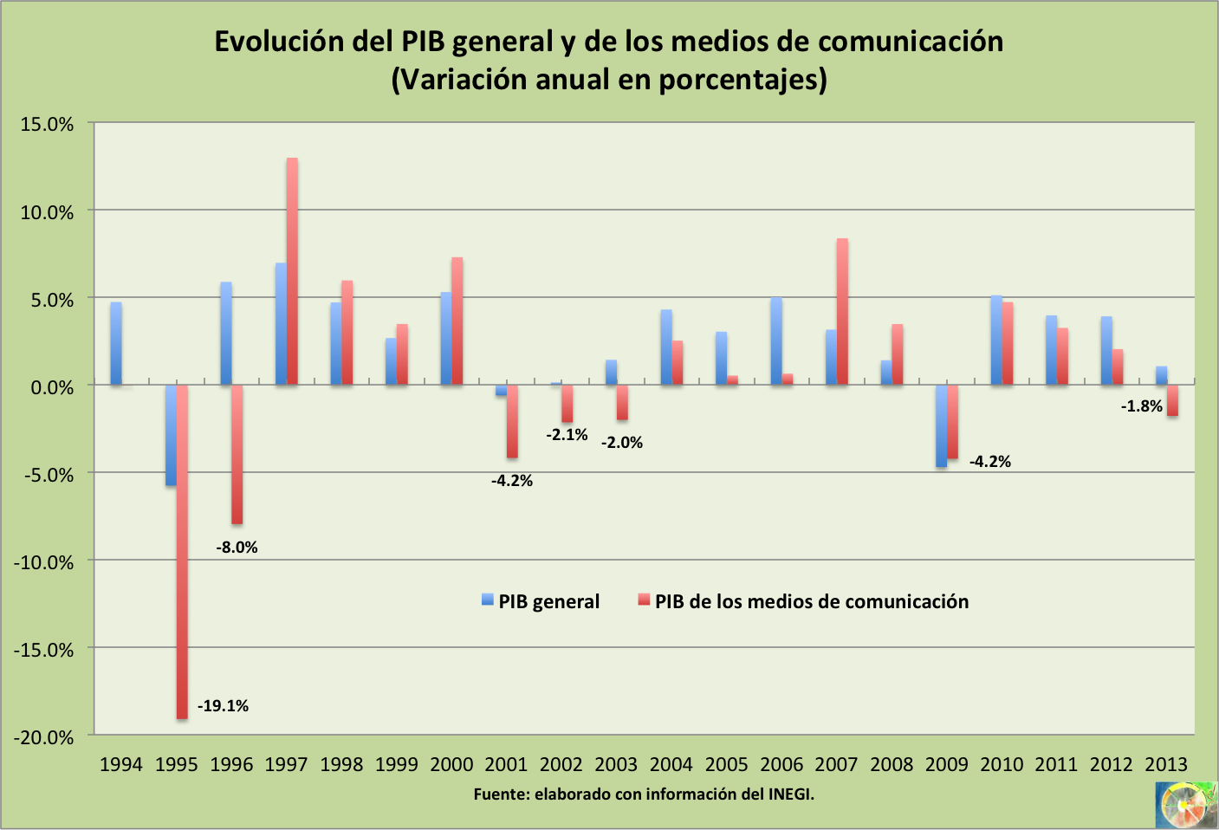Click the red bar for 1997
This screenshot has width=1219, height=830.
coord(292,271)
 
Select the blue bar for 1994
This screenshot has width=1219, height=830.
coord(116,343)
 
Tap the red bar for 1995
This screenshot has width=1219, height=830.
coord(182,552)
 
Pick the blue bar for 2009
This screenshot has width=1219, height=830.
coord(941,426)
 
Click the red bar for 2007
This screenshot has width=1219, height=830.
coord(842,312)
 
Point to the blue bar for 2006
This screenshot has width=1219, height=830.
coord(776,341)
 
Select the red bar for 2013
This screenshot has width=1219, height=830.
coord(1172,401)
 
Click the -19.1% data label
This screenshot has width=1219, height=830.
coord(223,706)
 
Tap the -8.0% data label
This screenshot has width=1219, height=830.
coord(237,548)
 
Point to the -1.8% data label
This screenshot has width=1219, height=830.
coord(1141,406)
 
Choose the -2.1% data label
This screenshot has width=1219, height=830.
coord(567,435)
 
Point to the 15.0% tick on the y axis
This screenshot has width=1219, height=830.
coord(48,124)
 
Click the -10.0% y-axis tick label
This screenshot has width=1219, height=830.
coord(44,562)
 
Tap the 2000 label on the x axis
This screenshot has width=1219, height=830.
coord(451,764)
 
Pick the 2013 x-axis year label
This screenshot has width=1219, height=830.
coord(1166,764)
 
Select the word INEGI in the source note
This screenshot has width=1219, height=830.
coord(789,794)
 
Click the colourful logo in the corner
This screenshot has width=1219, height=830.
coord(1184,805)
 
